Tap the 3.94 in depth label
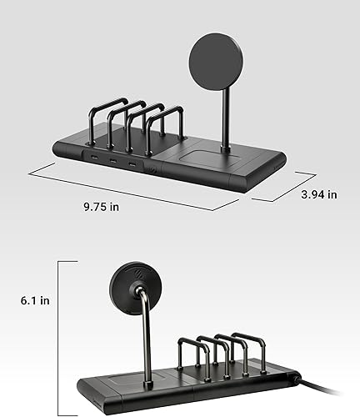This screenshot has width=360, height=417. (x=318, y=193)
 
